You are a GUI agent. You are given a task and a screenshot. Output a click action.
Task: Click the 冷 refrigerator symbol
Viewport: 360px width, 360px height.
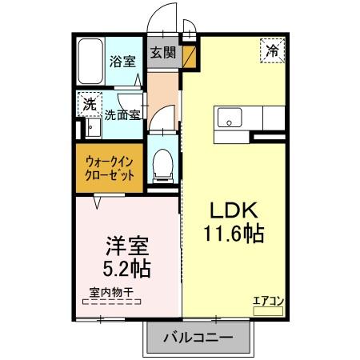[x=272, y=50]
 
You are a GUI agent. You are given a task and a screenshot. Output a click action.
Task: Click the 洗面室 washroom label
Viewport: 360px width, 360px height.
[x=124, y=114]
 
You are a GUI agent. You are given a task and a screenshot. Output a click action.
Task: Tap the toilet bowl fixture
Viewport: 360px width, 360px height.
[x=162, y=164]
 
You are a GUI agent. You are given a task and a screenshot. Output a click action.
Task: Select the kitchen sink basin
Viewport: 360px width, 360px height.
[x=229, y=118]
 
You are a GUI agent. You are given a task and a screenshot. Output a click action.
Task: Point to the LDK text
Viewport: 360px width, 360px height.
[x=233, y=210]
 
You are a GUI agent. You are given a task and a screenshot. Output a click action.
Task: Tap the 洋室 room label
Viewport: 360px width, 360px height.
[x=126, y=242]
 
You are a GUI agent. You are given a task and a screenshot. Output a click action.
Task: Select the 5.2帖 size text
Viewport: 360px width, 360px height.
[x=126, y=266]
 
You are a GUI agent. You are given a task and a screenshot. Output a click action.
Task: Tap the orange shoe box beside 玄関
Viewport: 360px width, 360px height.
[x=190, y=56]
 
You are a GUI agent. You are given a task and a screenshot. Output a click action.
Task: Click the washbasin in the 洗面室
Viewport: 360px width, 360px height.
[x=92, y=128]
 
